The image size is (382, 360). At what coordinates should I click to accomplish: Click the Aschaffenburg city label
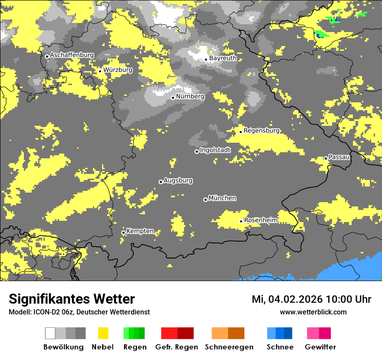[x=72, y=56]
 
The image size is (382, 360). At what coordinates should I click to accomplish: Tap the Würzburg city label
[x=118, y=70]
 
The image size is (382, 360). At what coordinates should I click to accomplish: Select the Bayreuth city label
[x=223, y=58]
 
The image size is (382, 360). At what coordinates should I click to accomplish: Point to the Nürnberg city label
[x=190, y=96]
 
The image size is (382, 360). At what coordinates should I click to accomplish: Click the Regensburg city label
[x=261, y=131]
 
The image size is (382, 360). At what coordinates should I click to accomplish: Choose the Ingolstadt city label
[x=215, y=150]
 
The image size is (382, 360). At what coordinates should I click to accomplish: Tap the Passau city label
[x=339, y=157]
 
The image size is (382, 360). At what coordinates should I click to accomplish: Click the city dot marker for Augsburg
[x=161, y=182]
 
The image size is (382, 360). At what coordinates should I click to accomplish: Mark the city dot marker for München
[x=205, y=200]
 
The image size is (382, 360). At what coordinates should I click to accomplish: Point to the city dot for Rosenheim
[x=241, y=221]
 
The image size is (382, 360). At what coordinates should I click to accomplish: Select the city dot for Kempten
[x=123, y=232]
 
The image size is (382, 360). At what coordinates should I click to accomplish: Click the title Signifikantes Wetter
[x=72, y=299]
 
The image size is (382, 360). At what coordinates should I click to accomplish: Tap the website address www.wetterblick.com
[x=313, y=312]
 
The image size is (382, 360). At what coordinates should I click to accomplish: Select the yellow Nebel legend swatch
[x=103, y=333]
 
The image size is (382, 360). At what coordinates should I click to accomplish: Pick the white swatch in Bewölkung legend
[x=50, y=333]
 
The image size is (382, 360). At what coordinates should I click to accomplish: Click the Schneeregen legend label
[x=229, y=347]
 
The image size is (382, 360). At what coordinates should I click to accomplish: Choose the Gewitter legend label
[x=320, y=347]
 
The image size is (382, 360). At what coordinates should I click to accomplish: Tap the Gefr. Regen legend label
[x=176, y=347]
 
